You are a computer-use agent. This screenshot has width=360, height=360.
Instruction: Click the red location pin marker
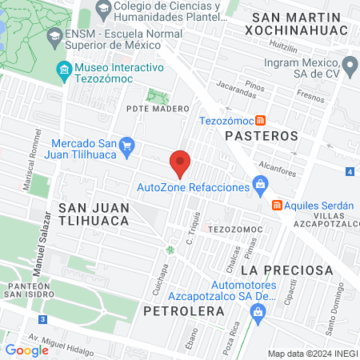tap(181, 163)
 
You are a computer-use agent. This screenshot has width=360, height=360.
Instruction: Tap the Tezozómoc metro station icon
tap(259, 121)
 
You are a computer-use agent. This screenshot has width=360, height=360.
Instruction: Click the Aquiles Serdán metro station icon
tap(277, 205)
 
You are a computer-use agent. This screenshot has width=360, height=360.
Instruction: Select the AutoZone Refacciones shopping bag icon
tap(260, 186)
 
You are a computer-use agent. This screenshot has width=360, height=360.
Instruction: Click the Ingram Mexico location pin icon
tap(349, 64)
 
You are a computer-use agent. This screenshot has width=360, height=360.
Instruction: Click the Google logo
tap(26, 350)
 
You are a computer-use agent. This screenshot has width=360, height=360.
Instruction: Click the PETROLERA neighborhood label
tap(182, 310)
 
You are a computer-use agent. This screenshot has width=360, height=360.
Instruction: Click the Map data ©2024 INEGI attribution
tap(312, 354)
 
